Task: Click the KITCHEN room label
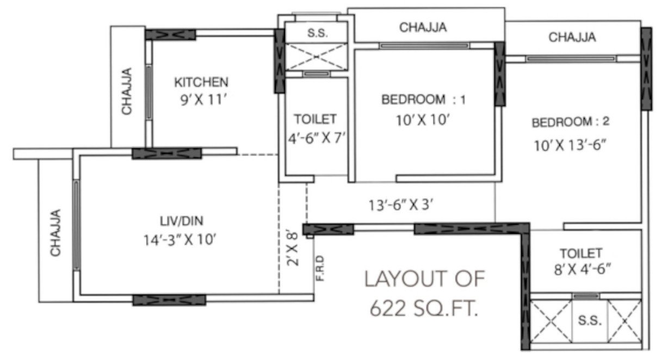(201, 83)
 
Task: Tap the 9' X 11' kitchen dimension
(201, 101)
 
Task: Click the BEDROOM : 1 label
(424, 100)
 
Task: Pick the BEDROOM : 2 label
(571, 122)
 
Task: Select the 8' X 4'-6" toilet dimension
(581, 268)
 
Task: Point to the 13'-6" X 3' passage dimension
(401, 205)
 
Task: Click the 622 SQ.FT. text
(424, 308)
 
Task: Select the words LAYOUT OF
(424, 280)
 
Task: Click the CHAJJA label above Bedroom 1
(423, 27)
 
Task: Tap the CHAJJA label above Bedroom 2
(572, 38)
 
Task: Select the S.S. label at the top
(317, 33)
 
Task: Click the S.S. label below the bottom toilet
(590, 321)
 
